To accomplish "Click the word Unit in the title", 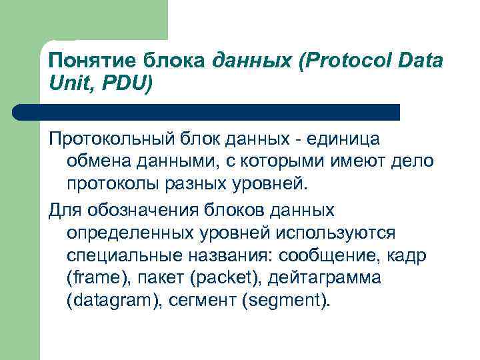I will pyautogui.click(x=66, y=84).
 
